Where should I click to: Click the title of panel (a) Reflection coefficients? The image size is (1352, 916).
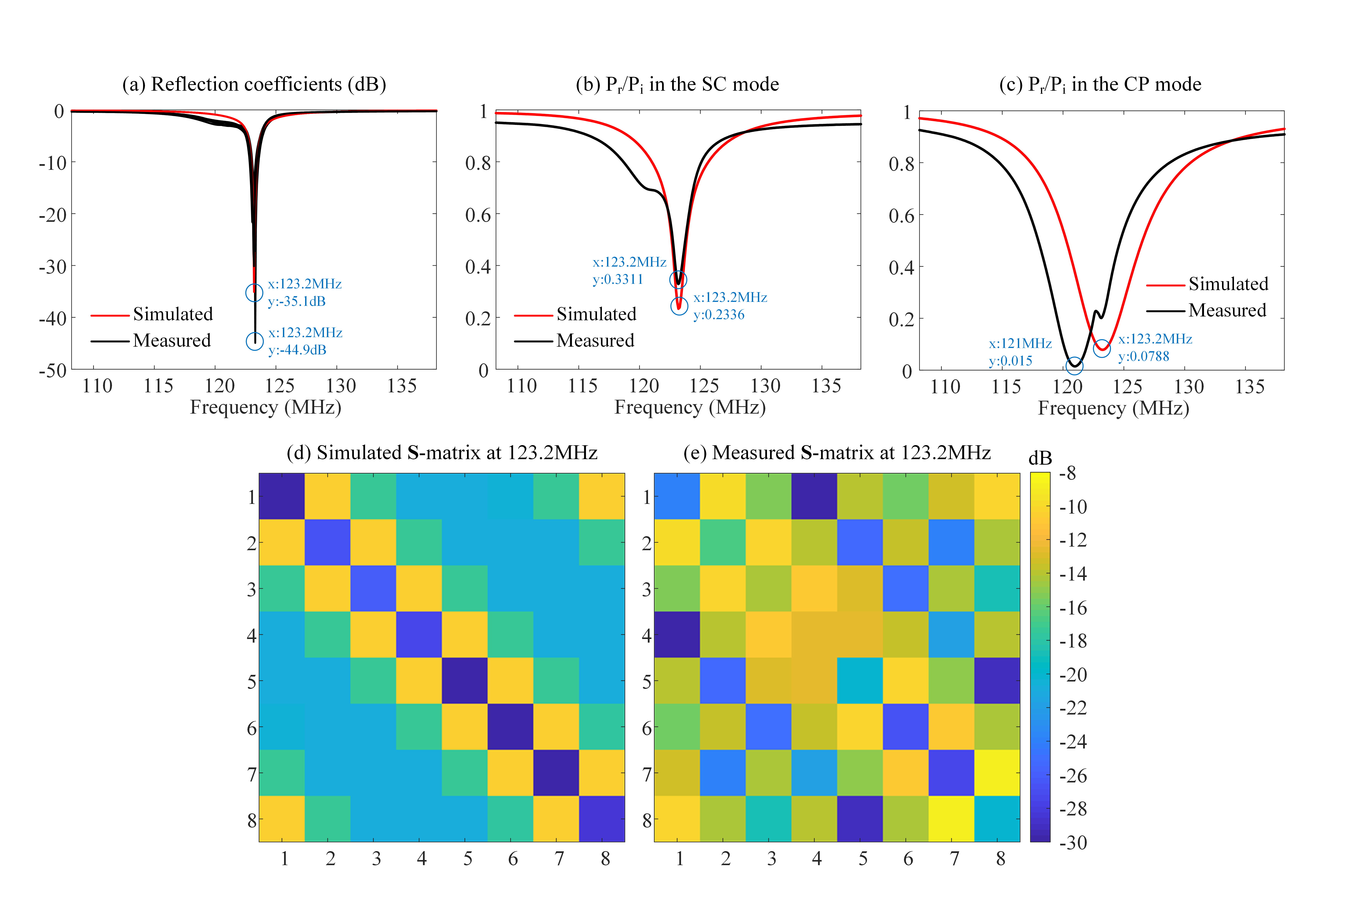tap(254, 84)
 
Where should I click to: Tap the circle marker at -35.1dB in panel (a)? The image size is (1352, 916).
tap(254, 293)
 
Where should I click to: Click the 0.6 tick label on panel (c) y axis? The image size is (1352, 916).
tap(902, 216)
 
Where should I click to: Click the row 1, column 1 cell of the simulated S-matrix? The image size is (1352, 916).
tap(282, 496)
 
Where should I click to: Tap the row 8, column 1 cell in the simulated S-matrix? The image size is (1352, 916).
tap(282, 819)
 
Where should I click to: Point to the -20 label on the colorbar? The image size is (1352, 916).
tap(1073, 675)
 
